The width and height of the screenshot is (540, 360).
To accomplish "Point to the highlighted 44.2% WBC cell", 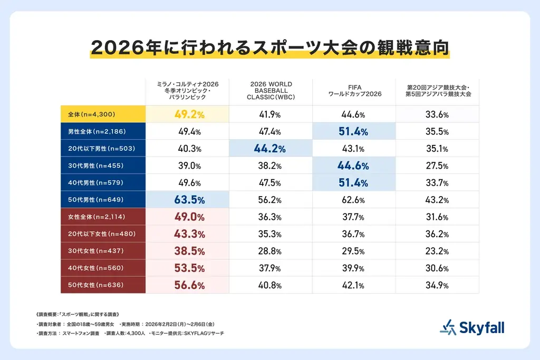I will pos(271,149).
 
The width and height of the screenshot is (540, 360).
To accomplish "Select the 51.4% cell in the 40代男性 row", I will pos(354,183).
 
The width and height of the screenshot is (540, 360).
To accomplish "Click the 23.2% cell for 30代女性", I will pos(437,251).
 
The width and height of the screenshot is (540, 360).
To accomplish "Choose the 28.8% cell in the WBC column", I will pos(271,251).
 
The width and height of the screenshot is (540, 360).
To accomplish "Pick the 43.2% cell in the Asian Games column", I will pos(437,200).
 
